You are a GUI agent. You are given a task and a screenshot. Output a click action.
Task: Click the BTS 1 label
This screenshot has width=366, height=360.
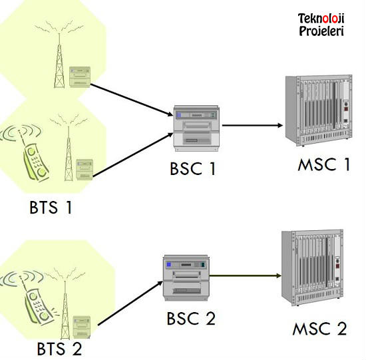(51, 208)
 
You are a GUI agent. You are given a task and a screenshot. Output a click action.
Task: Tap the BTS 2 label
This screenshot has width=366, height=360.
(59, 349)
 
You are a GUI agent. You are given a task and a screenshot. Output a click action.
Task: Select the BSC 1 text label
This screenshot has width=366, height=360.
(193, 168)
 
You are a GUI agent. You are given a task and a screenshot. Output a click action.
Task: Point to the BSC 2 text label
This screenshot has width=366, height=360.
(191, 319)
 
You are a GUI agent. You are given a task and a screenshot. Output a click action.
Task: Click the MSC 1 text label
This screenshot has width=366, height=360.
(324, 164)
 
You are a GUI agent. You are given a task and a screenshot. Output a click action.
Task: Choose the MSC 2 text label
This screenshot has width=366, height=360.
(319, 329)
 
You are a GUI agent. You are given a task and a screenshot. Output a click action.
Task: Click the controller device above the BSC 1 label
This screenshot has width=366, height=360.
(197, 128)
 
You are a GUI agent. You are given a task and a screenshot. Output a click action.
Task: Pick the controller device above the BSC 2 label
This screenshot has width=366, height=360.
(186, 278)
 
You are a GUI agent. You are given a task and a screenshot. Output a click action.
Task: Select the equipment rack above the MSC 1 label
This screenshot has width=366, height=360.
(319, 110)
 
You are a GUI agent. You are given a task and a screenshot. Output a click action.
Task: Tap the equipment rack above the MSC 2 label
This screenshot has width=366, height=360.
(312, 268)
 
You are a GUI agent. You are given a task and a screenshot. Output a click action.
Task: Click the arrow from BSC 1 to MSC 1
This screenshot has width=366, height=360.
(252, 125)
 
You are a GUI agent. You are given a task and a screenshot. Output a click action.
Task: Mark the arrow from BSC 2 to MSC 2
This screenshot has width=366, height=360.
(245, 275)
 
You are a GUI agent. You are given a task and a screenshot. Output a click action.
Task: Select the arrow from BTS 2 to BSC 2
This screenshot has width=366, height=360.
(130, 303)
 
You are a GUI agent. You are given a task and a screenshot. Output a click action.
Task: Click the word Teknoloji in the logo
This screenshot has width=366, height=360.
(321, 19)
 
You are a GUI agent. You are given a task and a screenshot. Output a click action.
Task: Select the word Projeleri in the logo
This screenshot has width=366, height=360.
(321, 31)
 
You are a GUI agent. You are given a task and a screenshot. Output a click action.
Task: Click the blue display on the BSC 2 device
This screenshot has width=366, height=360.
(169, 264)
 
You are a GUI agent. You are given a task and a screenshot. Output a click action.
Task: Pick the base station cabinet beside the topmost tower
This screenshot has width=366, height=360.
(80, 77)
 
